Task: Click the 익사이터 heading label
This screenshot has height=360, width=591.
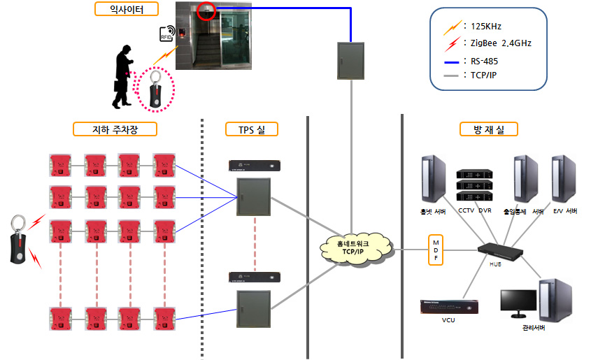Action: click(x=127, y=9)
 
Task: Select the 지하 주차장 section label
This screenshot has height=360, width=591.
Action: click(x=115, y=129)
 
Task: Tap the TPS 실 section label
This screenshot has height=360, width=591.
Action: click(x=252, y=129)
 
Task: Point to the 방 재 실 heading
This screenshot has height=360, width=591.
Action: click(x=488, y=129)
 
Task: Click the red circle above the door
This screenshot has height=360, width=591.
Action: click(x=206, y=10)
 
